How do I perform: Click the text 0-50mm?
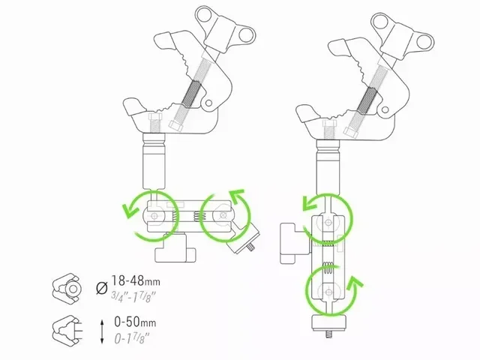coord(130,322)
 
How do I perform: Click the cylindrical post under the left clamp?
coord(153,161)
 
